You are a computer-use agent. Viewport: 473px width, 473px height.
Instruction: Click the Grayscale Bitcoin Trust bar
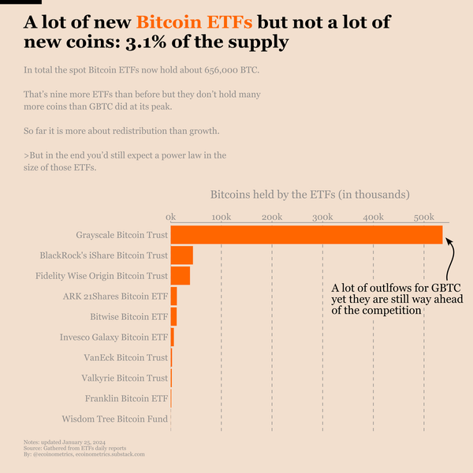(307, 235)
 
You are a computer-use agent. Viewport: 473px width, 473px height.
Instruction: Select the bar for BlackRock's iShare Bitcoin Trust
(181, 255)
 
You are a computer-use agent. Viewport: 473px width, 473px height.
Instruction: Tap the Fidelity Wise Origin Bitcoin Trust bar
(180, 276)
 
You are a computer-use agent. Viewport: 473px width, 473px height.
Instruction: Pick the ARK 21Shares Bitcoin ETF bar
(173, 296)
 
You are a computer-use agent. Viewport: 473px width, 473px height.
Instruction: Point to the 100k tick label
(221, 216)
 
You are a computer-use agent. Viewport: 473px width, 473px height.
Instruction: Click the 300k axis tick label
(322, 216)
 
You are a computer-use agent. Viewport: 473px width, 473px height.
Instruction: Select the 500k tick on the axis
(423, 216)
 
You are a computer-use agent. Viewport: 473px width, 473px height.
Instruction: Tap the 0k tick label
(170, 216)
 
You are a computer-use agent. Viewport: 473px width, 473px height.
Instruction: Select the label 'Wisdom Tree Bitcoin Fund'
(114, 419)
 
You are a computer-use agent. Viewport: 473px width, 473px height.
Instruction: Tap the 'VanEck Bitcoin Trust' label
(125, 357)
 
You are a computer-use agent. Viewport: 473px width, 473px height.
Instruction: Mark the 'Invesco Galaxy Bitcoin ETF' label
(114, 337)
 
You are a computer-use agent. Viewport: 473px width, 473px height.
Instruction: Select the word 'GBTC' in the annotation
(442, 288)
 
